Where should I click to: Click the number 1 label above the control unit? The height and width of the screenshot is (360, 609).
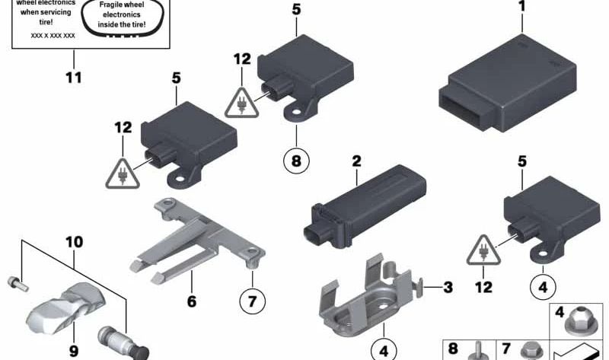pyautogui.click(x=522, y=6)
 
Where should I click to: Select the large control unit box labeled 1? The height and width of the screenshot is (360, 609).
pyautogui.click(x=508, y=83)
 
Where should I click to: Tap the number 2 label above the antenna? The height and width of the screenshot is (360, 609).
pyautogui.click(x=356, y=161)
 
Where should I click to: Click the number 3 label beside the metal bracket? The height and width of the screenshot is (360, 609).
pyautogui.click(x=448, y=288)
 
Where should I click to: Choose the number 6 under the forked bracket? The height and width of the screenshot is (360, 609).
pyautogui.click(x=192, y=301)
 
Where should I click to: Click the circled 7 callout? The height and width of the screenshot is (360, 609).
pyautogui.click(x=253, y=301)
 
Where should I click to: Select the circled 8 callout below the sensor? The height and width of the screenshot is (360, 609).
pyautogui.click(x=296, y=161)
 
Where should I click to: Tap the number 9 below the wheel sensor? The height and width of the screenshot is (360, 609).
pyautogui.click(x=73, y=351)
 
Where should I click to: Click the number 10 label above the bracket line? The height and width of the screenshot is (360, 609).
pyautogui.click(x=74, y=242)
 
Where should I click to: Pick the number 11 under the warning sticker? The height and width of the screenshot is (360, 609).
pyautogui.click(x=74, y=78)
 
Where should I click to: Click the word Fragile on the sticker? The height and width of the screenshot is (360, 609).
pyautogui.click(x=110, y=5)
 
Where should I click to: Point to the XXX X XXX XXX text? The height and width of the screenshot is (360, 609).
pyautogui.click(x=53, y=36)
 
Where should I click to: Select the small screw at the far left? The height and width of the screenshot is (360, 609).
pyautogui.click(x=18, y=284)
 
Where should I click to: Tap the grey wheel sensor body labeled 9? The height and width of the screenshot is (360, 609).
pyautogui.click(x=66, y=308)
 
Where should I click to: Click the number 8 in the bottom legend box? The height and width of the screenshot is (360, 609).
pyautogui.click(x=453, y=349)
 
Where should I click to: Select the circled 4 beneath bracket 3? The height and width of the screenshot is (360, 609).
pyautogui.click(x=384, y=351)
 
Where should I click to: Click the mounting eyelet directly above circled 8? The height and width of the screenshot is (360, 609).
pyautogui.click(x=296, y=112)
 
